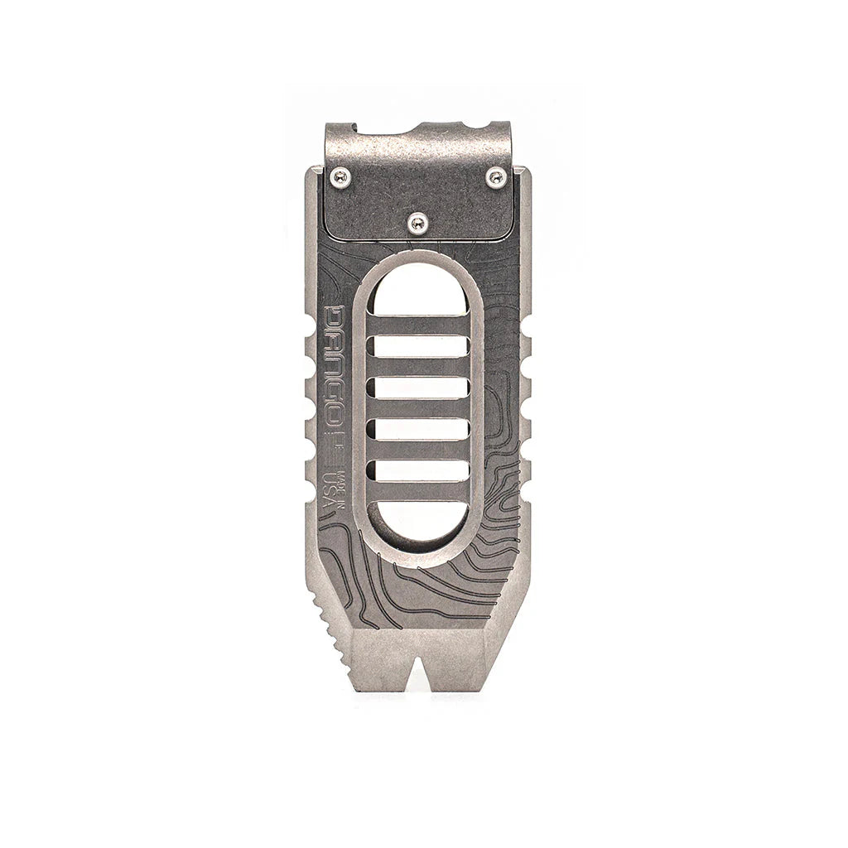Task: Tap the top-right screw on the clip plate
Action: click(x=496, y=175)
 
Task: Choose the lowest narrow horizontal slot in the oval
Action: click(x=419, y=470)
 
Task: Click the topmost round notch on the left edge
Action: click(x=310, y=340)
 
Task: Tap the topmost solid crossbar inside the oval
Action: click(x=419, y=325)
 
